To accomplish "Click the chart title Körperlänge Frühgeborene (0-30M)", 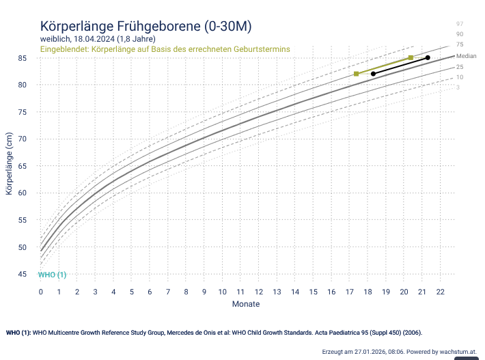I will (146, 26).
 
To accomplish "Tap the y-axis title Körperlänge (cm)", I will (9, 164).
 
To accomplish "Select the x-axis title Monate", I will (245, 304).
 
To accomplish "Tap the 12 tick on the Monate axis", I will (259, 292).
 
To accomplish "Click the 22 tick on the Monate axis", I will (441, 292).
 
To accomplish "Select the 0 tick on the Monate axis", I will (41, 292).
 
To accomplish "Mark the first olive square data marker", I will (357, 74).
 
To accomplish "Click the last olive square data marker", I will (411, 57).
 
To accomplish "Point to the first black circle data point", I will (373, 74).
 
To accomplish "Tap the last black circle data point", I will (428, 57).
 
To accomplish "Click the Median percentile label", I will (466, 56).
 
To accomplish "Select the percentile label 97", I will (460, 24).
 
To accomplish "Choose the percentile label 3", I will (458, 87).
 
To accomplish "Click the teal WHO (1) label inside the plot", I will (52, 275).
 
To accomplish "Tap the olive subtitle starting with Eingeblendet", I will (165, 49).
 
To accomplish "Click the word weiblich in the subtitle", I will (55, 39).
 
